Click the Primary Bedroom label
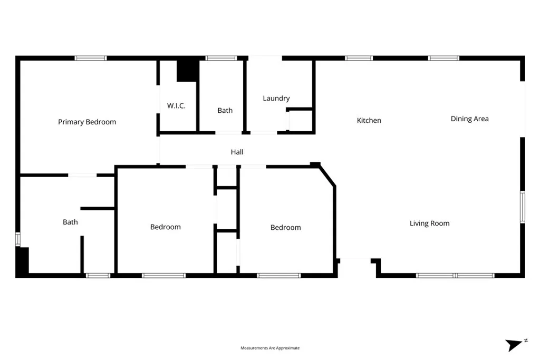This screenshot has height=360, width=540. (x=87, y=122)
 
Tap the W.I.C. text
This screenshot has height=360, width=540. (x=176, y=106)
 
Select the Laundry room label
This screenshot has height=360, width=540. (x=276, y=98)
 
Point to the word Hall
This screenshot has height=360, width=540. (x=237, y=152)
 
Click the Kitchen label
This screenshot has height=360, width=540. (x=369, y=120)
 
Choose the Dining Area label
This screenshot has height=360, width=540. (x=469, y=119)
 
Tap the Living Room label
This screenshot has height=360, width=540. (x=430, y=223)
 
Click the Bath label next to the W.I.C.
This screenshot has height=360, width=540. (x=225, y=110)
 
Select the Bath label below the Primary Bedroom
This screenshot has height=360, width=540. (x=70, y=222)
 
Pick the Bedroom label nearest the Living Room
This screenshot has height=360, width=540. (x=286, y=227)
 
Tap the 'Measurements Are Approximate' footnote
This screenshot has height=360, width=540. (x=270, y=348)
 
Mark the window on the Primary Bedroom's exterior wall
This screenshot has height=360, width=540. (x=91, y=58)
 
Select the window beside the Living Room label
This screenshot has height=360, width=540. (x=522, y=207)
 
